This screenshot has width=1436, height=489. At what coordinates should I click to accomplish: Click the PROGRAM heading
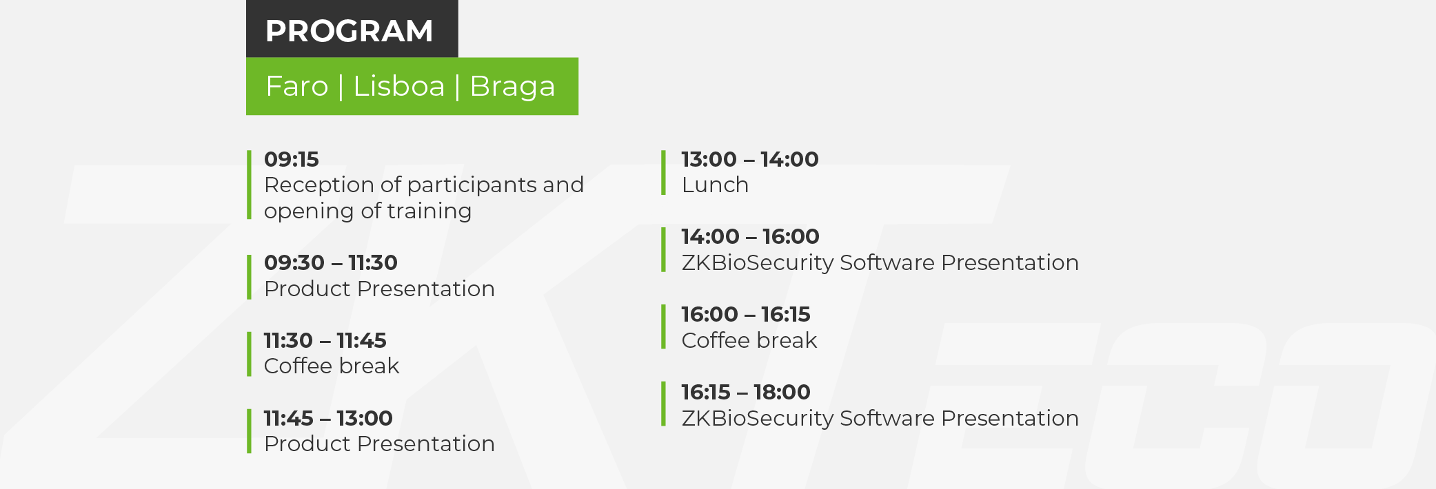coord(349,31)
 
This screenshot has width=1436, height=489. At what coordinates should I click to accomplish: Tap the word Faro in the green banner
coord(297,86)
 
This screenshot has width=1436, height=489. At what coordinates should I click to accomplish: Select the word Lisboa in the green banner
coord(399,86)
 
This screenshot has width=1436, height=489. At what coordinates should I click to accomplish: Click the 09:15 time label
coord(292,159)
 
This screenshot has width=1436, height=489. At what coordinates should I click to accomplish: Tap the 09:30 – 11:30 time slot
coord(331,262)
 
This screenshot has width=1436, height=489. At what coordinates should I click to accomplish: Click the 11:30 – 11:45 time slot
coord(325,340)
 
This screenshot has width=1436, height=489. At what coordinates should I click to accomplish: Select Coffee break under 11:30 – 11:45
coord(332,366)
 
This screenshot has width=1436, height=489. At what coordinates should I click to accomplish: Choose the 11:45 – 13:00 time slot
coord(328,418)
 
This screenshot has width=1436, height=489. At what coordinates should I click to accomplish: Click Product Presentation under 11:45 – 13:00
coord(379,444)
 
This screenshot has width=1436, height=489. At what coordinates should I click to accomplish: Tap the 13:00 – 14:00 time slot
coord(750,159)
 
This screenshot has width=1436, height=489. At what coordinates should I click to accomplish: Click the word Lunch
coord(715,185)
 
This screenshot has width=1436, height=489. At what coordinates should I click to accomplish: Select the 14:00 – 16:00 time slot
coord(751,236)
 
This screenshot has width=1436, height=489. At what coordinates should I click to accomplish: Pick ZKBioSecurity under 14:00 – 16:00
coord(758,262)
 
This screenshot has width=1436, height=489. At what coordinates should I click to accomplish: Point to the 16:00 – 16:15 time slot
coord(746,314)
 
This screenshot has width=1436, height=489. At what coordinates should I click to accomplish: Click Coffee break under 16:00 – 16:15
coord(749,340)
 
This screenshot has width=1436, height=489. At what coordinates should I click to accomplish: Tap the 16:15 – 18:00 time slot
coord(746,392)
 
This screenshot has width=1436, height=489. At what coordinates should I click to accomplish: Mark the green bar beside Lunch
coord(663,173)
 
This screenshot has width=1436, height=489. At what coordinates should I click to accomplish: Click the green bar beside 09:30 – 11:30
coord(249,277)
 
